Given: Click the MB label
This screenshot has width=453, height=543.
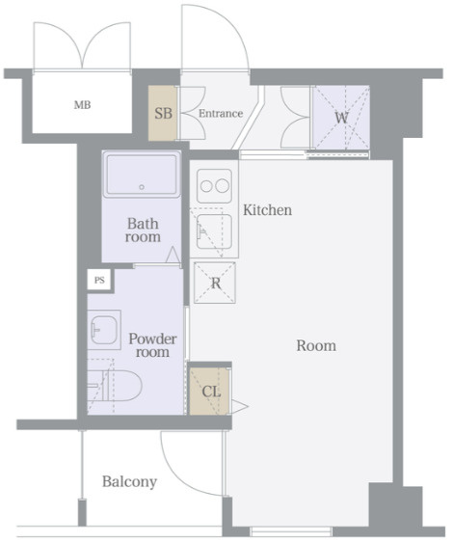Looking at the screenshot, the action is coord(82,104).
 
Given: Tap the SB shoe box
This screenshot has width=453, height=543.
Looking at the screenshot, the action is coord(163,113).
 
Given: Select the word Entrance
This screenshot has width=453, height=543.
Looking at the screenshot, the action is coord(221,113).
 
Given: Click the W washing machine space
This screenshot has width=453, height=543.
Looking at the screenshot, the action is coord(341,118).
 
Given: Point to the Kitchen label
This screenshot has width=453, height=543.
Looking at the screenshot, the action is coord(267,210).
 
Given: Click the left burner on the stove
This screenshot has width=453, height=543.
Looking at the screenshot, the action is coord(206,186).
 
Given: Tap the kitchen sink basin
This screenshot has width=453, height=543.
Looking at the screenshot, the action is coord(214,231).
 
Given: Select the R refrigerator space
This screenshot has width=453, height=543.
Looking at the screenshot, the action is coord(215,283).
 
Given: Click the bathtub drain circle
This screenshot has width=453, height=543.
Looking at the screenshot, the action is coord(142,187).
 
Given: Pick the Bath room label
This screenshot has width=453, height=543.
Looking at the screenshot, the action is coord(143,230).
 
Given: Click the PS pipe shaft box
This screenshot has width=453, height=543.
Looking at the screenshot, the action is coord(99,280).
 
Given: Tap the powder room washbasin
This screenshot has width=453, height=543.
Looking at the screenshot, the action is coord(104,330).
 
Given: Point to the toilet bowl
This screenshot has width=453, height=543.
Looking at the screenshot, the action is coord(121,386).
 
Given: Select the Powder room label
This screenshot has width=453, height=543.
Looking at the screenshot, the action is coord(152,345).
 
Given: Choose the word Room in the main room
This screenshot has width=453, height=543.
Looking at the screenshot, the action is coord(316,345).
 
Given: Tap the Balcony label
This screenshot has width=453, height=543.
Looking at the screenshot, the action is coord(129,481).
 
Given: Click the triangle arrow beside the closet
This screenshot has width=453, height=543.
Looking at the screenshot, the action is coord(239,406).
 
